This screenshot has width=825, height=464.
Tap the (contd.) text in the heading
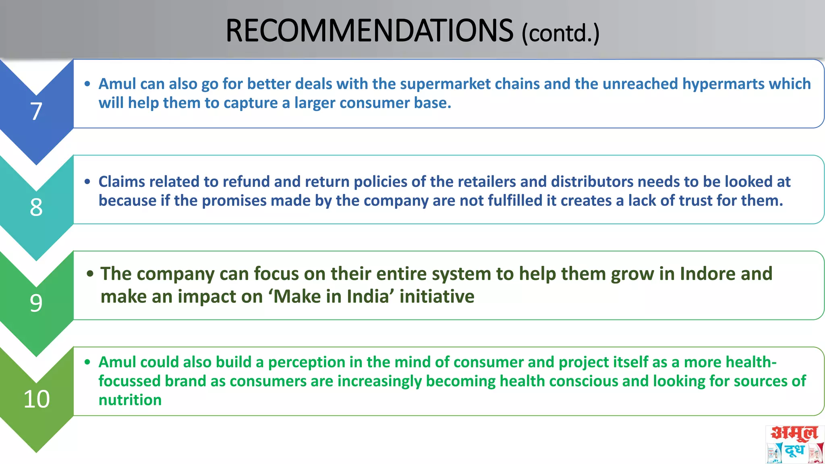560,33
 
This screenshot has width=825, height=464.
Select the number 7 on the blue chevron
36,111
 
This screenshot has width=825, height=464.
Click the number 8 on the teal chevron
36,207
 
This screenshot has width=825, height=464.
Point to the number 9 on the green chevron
36,303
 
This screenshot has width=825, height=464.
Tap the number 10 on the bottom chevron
37,399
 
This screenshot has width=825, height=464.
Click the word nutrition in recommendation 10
130,400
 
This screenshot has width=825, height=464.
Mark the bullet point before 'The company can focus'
90,274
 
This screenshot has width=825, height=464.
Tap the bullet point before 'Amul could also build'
87,362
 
